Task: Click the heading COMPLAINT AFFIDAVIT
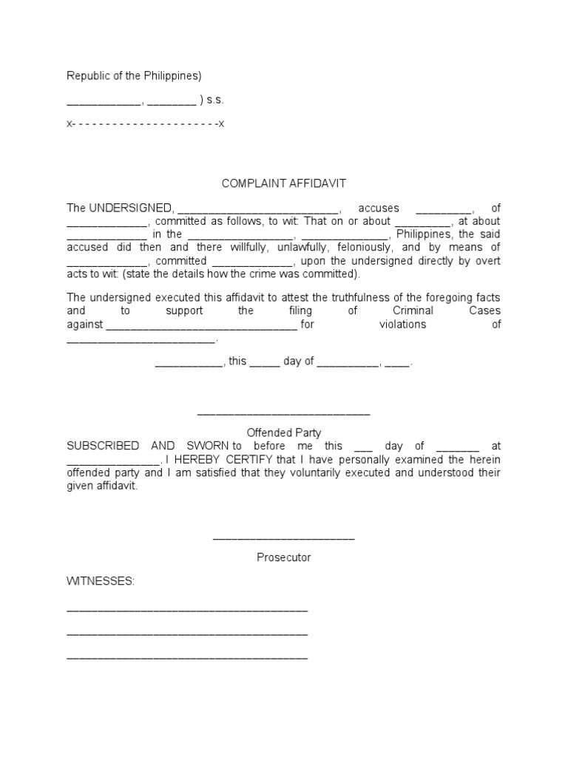284,183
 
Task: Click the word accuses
378,208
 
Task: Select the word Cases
484,311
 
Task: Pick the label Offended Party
284,433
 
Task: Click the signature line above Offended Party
284,414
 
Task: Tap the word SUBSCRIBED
103,446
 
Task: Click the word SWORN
204,446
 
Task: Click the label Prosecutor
284,557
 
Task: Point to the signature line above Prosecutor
284,538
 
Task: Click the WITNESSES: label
101,582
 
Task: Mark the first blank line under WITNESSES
187,611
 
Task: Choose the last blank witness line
187,658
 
